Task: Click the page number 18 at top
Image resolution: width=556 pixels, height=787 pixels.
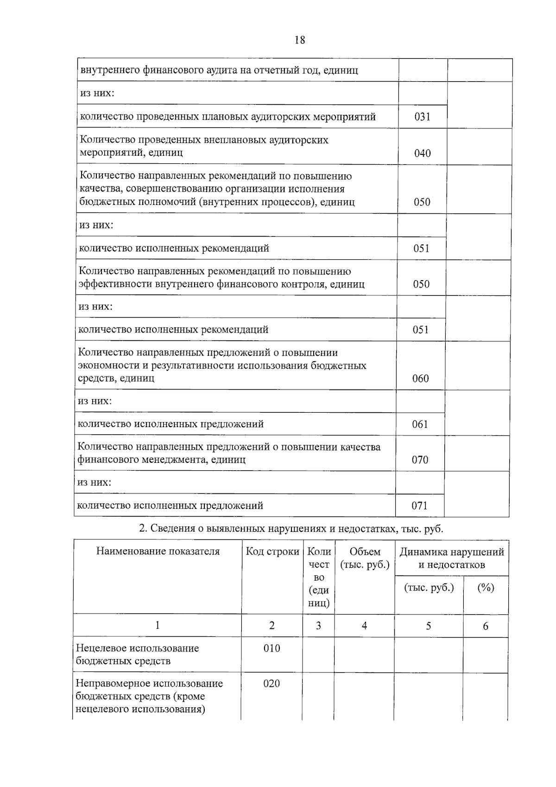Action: point(300,40)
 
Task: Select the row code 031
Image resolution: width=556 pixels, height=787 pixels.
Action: point(422,117)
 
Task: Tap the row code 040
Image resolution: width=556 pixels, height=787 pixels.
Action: point(422,153)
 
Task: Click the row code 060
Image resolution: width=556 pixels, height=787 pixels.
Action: point(420,378)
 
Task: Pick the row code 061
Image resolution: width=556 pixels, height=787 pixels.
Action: point(420,424)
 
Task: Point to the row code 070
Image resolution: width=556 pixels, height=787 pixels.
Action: point(420,460)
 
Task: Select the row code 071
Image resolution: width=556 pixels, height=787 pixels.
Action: point(419,505)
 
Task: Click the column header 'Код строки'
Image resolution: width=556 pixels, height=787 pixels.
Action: point(272,551)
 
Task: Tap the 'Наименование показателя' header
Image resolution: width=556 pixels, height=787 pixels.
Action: point(158,551)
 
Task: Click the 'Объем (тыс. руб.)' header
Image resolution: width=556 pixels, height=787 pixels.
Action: point(365,558)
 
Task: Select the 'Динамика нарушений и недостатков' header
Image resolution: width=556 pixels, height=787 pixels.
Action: point(451,558)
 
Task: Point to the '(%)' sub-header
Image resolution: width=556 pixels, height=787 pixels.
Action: point(486,588)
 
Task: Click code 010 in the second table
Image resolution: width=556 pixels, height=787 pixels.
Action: point(272,648)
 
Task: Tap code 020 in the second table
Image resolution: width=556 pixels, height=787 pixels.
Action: point(272,684)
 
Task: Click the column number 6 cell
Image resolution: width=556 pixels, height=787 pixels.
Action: point(486,626)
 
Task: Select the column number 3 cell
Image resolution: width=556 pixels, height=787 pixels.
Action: point(318,626)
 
